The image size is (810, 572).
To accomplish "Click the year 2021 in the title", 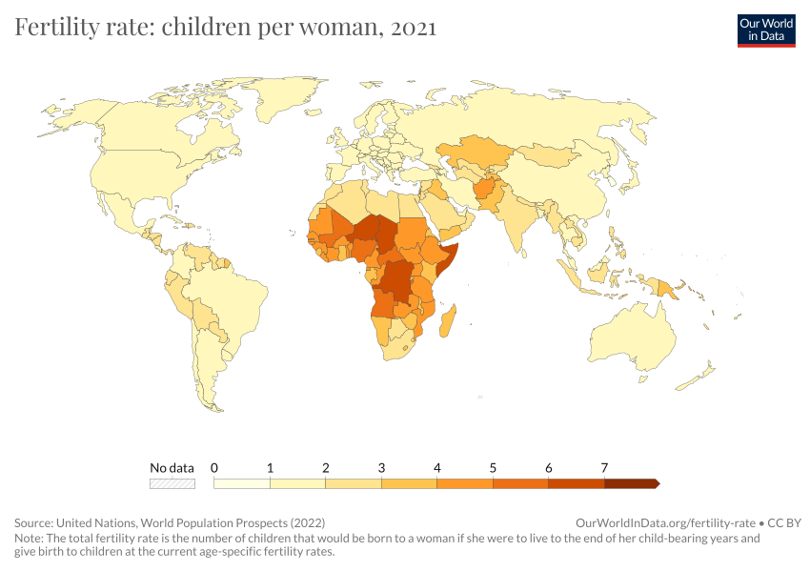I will [x=413, y=28].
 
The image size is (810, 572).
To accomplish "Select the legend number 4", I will [x=437, y=468].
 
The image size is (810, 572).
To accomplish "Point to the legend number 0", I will [x=214, y=468].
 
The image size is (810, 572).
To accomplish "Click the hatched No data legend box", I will [x=172, y=483].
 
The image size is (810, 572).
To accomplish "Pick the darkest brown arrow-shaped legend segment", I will [x=631, y=483].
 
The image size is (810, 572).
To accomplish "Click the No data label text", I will [x=172, y=468].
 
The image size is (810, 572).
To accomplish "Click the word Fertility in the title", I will [x=54, y=28].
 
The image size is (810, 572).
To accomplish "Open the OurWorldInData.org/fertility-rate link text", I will [x=666, y=523].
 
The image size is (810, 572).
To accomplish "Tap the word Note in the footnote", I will [x=29, y=538].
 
